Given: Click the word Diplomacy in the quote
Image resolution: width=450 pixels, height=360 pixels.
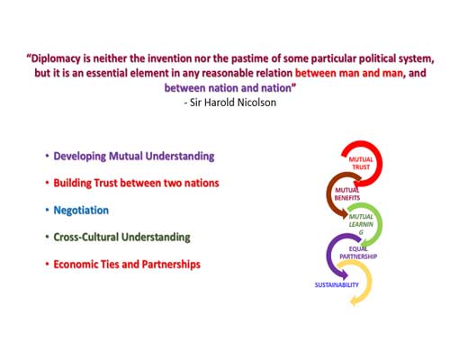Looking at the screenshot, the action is click(x=56, y=58).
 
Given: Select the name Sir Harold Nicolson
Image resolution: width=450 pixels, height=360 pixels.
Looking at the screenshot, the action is click(x=233, y=103).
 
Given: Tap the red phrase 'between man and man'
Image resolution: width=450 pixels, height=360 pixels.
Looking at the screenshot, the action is click(x=349, y=73).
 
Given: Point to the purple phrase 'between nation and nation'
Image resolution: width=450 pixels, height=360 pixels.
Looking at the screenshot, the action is click(x=228, y=88).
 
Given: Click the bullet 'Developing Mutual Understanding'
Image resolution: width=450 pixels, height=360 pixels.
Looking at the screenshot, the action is click(x=134, y=157).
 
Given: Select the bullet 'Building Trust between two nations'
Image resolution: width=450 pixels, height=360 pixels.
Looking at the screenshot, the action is click(x=136, y=183).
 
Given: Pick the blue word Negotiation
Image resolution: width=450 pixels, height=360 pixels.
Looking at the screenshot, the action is click(x=81, y=211).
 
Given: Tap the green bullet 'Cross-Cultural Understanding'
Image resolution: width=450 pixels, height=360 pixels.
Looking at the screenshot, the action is click(x=121, y=238).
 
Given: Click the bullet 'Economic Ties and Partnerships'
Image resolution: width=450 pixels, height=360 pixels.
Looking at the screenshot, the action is click(x=127, y=265).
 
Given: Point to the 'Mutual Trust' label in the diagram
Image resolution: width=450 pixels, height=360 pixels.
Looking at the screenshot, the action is click(x=361, y=163).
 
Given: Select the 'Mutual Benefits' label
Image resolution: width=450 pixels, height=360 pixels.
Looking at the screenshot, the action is click(x=347, y=193).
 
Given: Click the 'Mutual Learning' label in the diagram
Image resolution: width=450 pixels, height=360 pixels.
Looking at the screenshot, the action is click(x=361, y=224).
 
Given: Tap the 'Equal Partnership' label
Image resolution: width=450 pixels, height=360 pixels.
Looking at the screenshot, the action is click(x=358, y=253).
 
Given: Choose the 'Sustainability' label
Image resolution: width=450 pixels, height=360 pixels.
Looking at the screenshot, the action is click(x=337, y=284).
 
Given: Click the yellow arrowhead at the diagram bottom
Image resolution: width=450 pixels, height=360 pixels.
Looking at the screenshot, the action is click(x=355, y=301).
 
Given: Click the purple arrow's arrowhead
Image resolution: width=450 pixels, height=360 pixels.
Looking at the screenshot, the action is click(x=344, y=274).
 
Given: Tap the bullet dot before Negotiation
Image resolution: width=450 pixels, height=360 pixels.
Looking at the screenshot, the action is click(x=47, y=210).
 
